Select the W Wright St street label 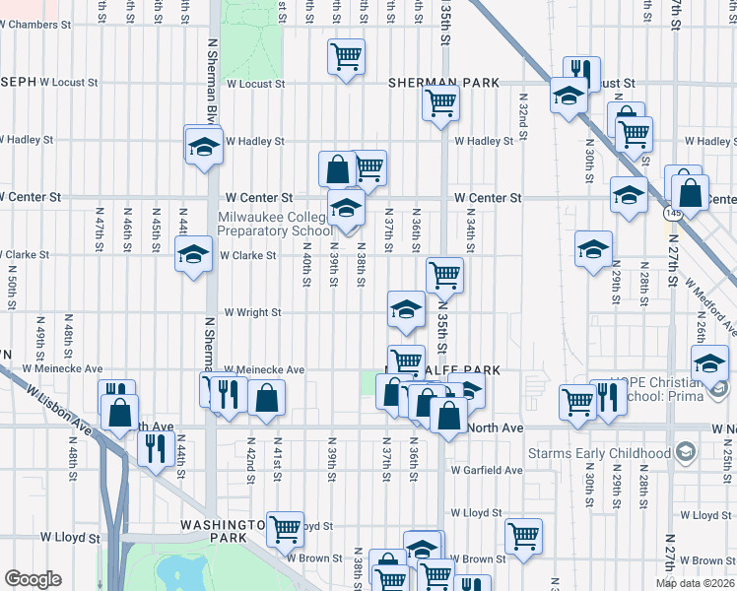coord(253,312)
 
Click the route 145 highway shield coord(673,212)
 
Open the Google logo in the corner coord(33,579)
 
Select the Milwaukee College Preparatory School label coord(274,224)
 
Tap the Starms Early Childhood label coord(613,453)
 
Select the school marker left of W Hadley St coord(204,147)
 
